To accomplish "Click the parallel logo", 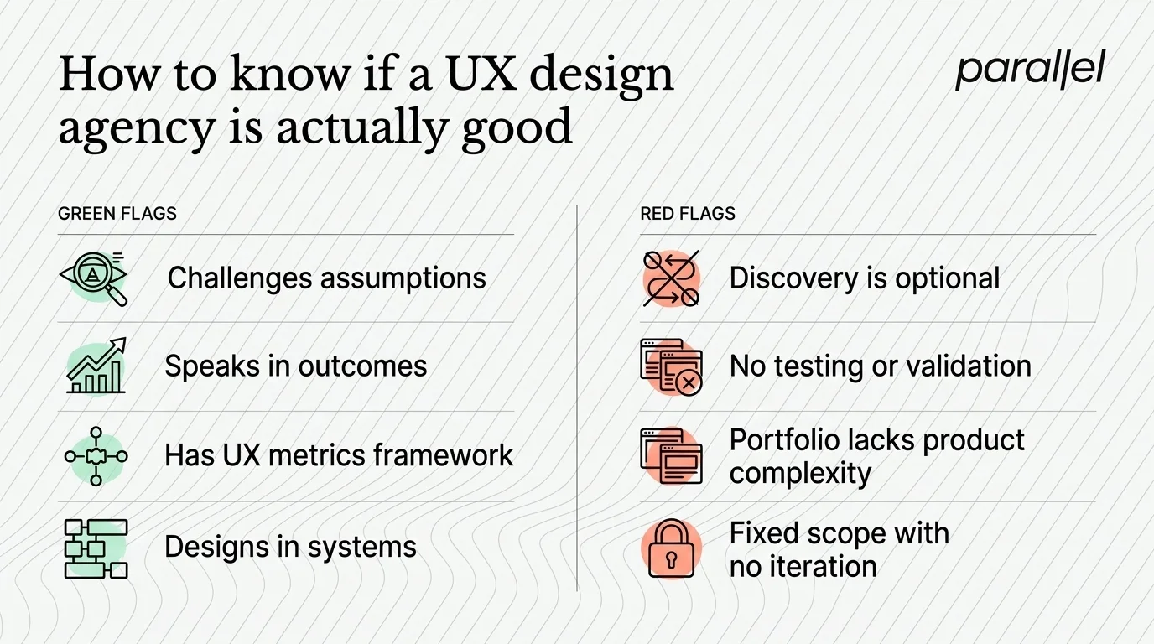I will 1030,70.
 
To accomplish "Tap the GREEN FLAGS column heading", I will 117,214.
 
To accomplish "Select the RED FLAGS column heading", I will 688,214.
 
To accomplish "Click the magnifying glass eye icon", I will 95,278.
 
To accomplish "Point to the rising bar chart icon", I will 96,366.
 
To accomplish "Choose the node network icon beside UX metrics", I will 96,456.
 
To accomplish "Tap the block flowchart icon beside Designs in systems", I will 96,548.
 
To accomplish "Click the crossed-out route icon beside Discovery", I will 671,278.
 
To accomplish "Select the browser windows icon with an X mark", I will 671,366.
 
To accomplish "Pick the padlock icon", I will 671,548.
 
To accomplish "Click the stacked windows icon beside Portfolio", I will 671,456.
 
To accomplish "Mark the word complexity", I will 800,474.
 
